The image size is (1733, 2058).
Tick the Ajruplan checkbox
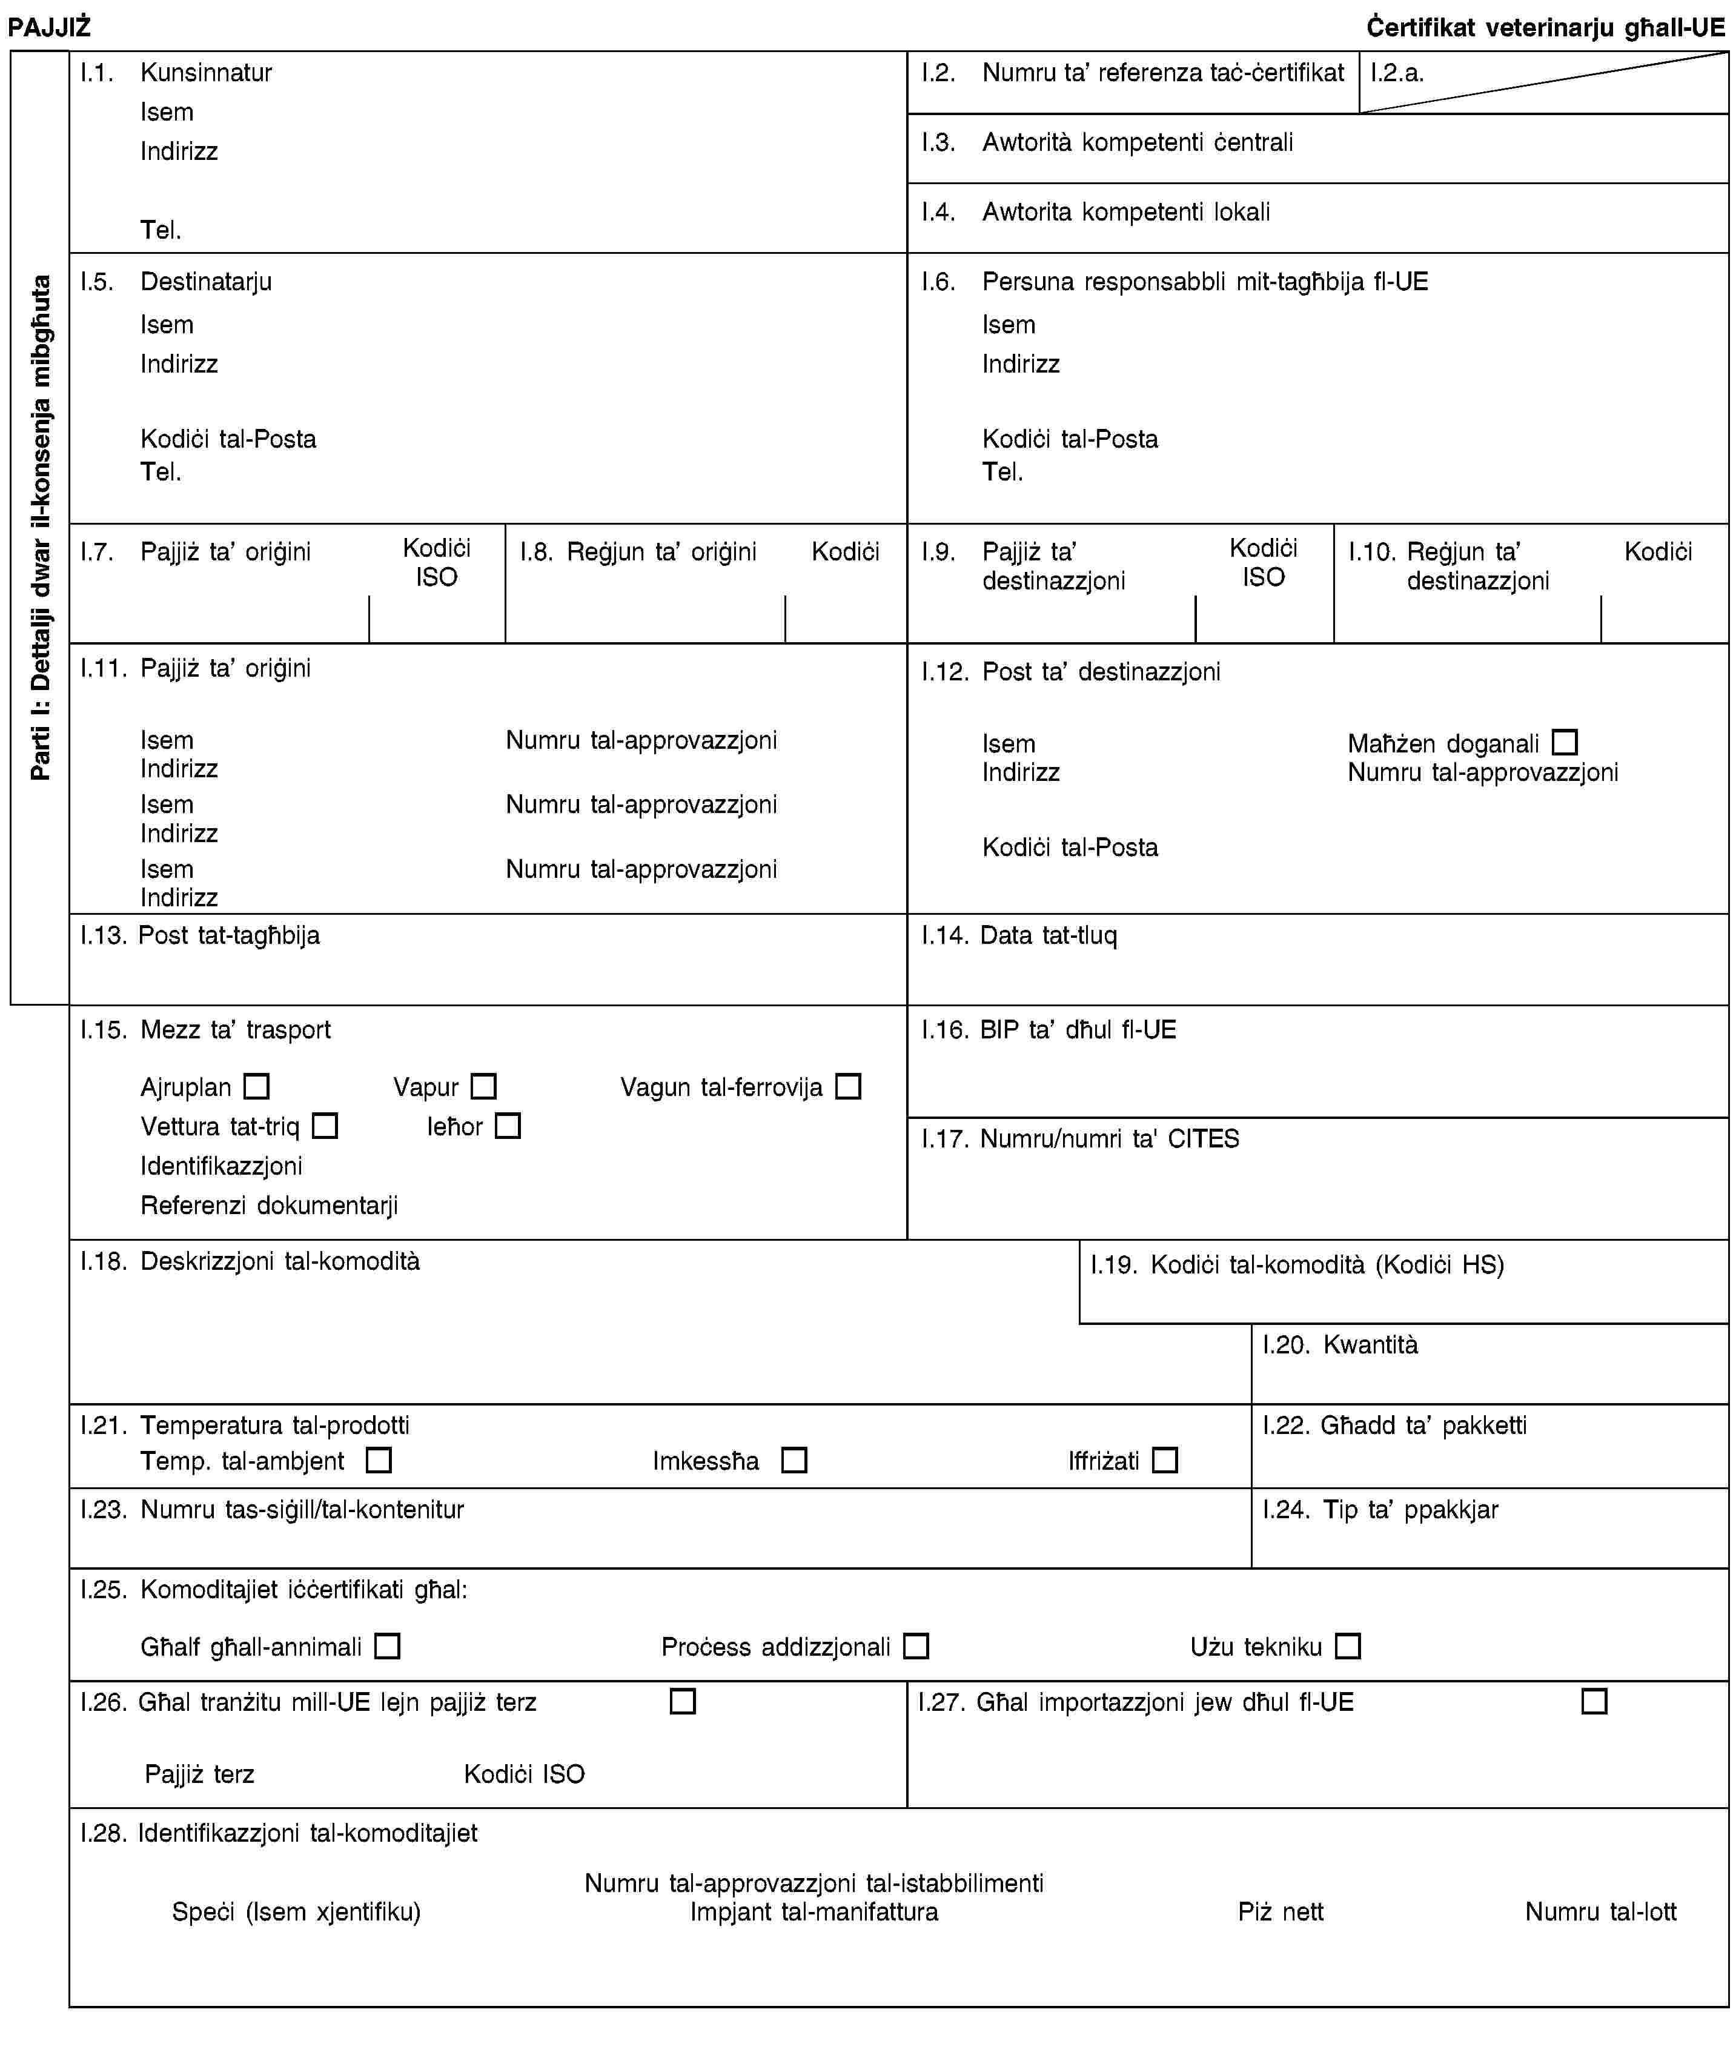point(256,1086)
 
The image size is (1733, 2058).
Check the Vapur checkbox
point(483,1086)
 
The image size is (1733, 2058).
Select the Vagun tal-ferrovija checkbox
point(848,1086)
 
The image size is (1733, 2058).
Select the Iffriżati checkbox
point(1165,1461)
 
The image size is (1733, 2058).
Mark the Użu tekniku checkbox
point(1348,1647)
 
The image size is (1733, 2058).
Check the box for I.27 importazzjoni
point(1594,1701)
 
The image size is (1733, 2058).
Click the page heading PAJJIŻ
point(49,27)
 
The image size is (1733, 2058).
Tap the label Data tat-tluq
point(1049,935)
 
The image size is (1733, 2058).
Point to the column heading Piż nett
point(1280,1911)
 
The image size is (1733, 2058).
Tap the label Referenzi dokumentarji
point(269,1206)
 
